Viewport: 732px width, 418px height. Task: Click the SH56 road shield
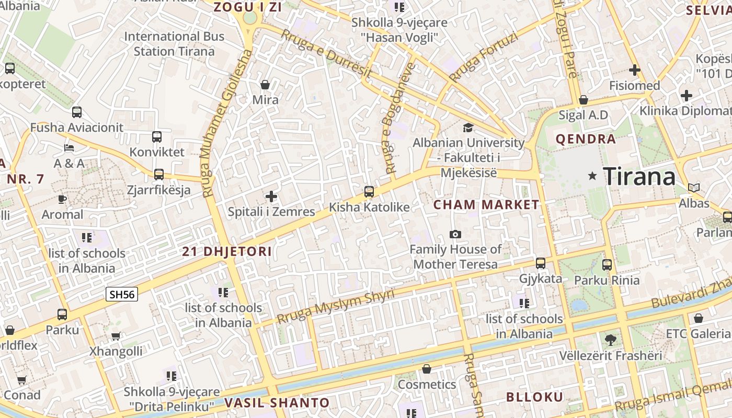(x=122, y=294)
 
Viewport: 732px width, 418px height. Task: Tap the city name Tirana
(x=639, y=177)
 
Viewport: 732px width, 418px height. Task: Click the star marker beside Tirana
(x=592, y=176)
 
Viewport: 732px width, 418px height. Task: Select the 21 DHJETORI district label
(x=227, y=251)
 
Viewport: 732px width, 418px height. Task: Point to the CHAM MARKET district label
(x=486, y=205)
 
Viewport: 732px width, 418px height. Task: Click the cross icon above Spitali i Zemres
(x=271, y=196)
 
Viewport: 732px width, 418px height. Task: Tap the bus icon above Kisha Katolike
(x=369, y=192)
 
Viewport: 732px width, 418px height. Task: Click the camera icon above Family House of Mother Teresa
(x=455, y=234)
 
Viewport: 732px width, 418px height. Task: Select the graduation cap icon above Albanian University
(x=468, y=127)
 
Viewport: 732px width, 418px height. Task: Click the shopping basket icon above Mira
(x=265, y=85)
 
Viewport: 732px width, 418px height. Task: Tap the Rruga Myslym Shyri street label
(x=335, y=306)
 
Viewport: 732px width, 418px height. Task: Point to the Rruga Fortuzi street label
(x=484, y=57)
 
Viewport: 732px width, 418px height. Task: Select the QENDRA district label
(x=586, y=139)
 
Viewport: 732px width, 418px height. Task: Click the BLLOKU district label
(x=534, y=397)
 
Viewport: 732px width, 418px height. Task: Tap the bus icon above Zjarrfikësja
(x=159, y=175)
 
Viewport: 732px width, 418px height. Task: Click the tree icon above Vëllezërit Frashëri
(x=610, y=340)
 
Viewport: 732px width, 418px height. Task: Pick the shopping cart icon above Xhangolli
(x=116, y=336)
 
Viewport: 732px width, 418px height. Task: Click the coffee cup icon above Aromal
(x=62, y=199)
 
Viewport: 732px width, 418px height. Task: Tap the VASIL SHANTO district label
(x=277, y=403)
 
